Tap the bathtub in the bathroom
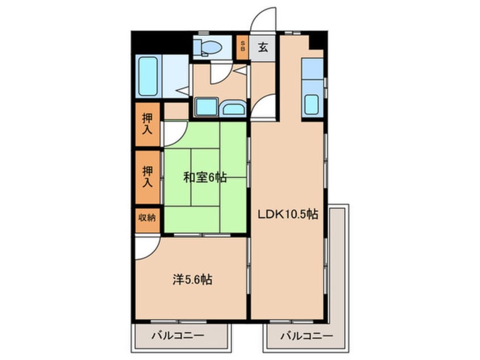148,77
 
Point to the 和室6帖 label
204,178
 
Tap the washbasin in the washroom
231,108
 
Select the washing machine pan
205,106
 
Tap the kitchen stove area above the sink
312,70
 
